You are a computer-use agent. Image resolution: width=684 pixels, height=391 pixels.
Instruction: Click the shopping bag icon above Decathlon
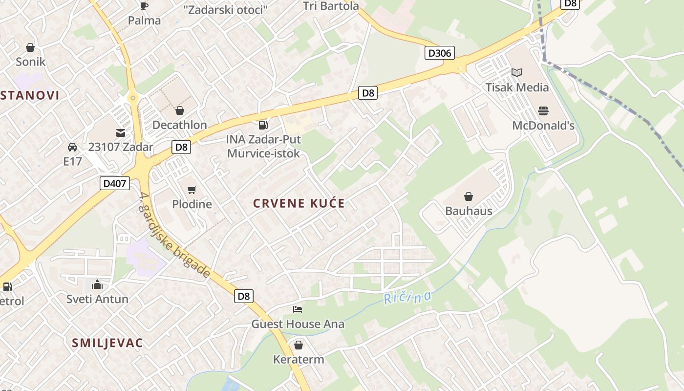tap(179, 110)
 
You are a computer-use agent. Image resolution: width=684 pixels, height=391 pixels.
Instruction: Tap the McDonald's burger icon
tap(543, 111)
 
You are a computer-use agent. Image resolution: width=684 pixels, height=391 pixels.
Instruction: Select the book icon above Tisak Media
tap(516, 73)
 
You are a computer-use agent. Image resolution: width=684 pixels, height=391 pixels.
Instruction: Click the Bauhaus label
tap(468, 211)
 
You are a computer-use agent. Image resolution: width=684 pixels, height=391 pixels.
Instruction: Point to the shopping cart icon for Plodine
tap(192, 190)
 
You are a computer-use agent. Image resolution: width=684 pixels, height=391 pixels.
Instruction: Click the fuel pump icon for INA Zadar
tap(263, 125)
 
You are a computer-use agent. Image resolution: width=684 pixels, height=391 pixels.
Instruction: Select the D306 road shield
tap(440, 53)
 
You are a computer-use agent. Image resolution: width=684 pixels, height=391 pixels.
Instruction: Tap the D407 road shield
tap(115, 184)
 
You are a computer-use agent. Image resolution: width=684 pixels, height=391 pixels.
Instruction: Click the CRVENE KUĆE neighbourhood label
tap(299, 203)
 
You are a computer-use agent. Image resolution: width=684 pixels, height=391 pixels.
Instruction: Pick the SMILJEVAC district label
tap(107, 343)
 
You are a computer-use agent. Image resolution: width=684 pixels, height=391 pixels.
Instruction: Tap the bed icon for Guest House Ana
tap(298, 309)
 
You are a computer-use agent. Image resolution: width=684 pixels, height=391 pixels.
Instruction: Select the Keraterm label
tap(298, 360)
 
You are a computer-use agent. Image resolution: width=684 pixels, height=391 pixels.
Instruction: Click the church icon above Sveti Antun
tap(97, 284)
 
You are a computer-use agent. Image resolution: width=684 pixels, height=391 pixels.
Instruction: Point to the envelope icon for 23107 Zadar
tap(120, 132)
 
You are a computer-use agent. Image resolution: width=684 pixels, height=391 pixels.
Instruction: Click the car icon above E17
tap(72, 147)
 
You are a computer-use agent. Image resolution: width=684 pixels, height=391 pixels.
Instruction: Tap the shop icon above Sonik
tap(30, 47)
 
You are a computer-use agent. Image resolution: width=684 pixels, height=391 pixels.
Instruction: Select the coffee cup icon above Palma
tap(144, 6)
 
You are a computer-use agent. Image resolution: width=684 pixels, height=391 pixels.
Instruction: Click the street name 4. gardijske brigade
tap(174, 236)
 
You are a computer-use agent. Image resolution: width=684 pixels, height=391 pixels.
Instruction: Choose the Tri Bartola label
tap(331, 6)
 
